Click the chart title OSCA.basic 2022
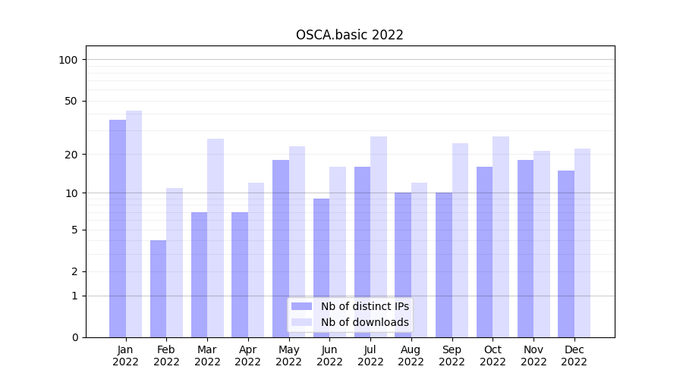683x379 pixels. tap(349, 35)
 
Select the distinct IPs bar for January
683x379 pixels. tap(118, 227)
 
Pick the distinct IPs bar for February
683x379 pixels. tap(158, 288)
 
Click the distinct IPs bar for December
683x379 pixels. tap(566, 253)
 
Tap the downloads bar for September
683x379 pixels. tap(460, 240)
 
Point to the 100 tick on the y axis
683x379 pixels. tap(68, 60)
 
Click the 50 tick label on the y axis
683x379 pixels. tap(71, 101)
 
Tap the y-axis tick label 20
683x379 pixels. tap(71, 155)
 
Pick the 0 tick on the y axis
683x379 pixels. tap(74, 337)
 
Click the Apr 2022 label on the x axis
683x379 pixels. tap(248, 356)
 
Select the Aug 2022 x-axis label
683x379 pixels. tap(411, 356)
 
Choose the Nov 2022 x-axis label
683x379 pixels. tap(533, 356)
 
